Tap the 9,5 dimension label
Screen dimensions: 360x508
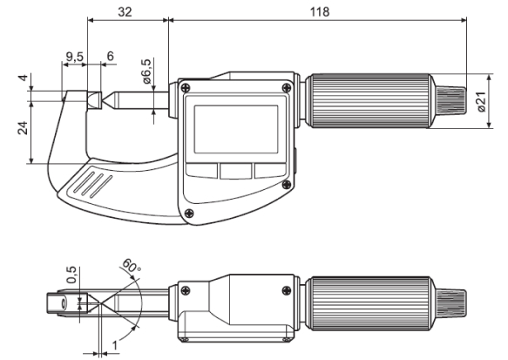coord(75,58)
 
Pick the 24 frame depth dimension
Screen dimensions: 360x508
coord(18,129)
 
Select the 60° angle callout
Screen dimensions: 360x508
coord(131,265)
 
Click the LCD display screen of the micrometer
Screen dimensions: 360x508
coord(235,126)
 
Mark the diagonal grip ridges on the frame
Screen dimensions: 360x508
coord(92,184)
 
